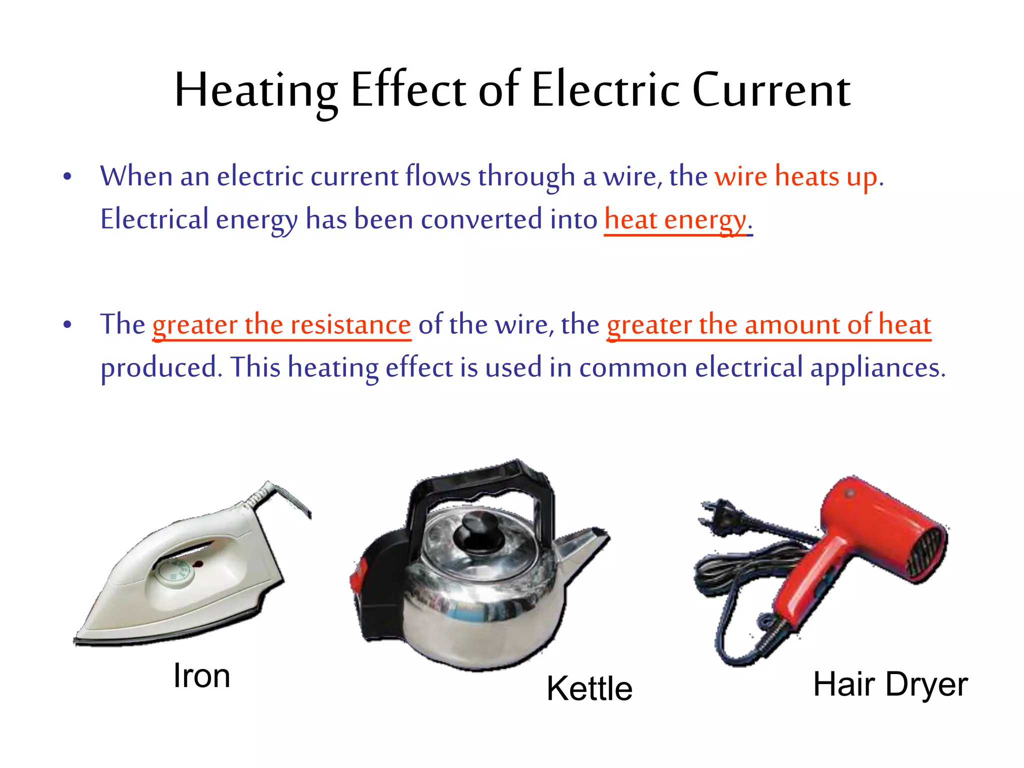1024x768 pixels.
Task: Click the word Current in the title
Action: tap(771, 90)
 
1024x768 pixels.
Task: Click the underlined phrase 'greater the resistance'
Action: tap(281, 324)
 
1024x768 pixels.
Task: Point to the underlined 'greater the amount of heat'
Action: tap(768, 324)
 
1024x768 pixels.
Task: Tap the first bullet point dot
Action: tap(67, 176)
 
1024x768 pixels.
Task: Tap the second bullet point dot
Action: tap(67, 325)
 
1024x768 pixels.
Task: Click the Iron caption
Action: tap(201, 675)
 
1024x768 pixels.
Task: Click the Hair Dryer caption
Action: tap(890, 684)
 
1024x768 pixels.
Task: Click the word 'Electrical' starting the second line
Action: tap(154, 219)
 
